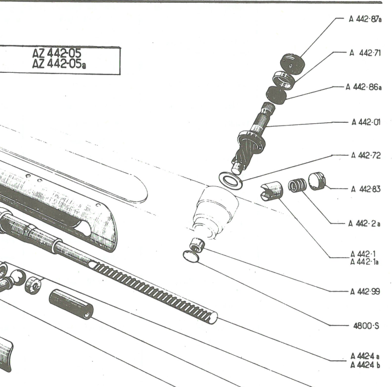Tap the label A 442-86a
363,87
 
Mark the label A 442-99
365,292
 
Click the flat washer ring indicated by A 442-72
230,180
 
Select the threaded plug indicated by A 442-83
317,181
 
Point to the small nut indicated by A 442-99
196,244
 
